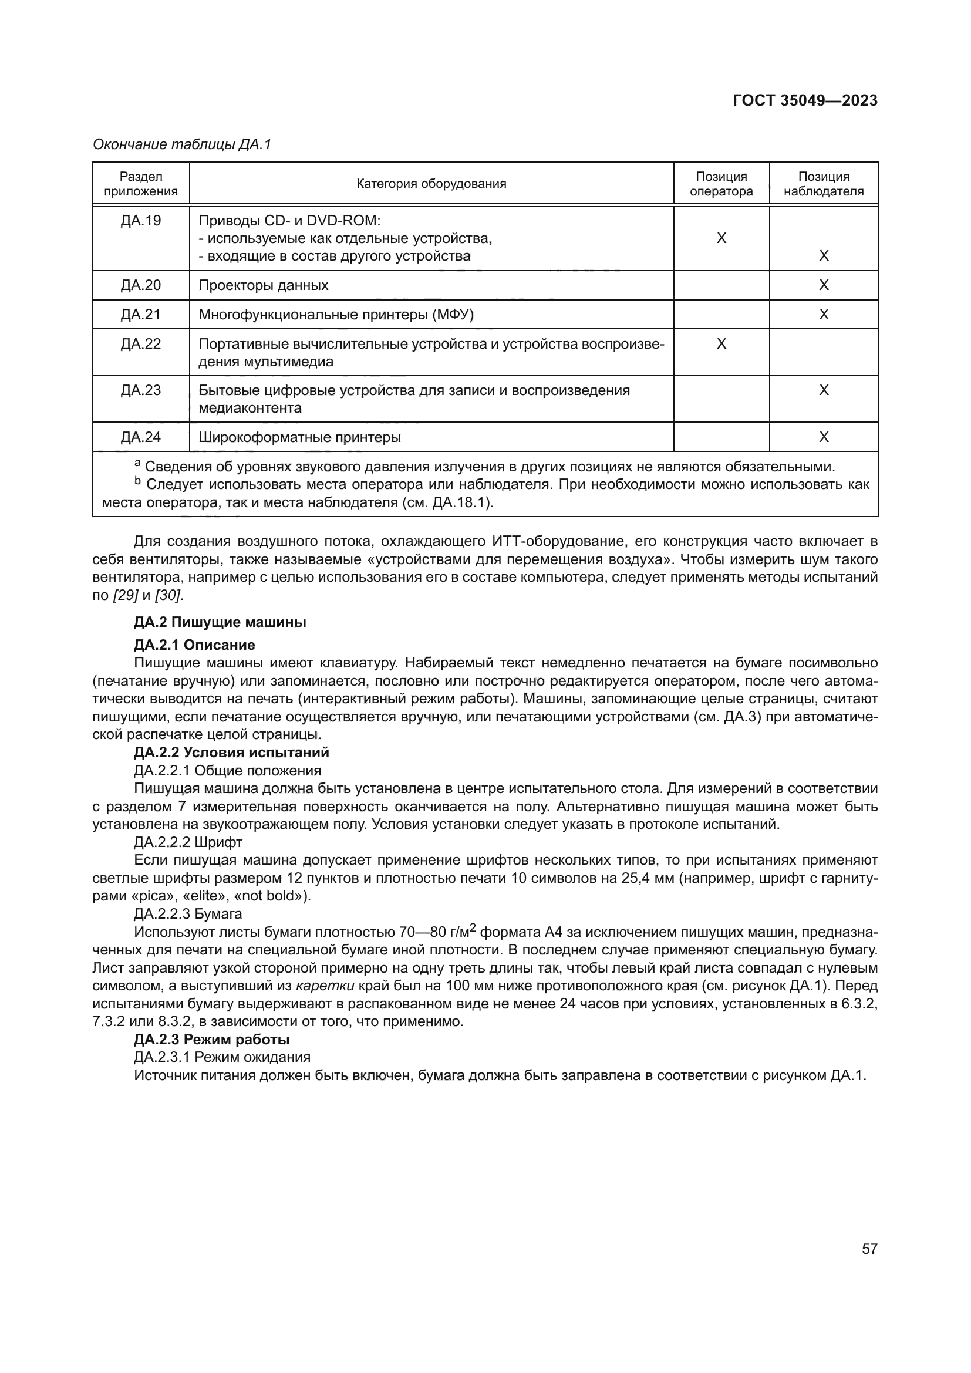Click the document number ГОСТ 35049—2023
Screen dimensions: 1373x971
(805, 100)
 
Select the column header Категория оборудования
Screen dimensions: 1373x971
(431, 184)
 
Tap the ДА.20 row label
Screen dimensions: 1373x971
(141, 285)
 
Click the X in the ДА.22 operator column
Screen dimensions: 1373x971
(721, 344)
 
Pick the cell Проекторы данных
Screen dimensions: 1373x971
(263, 285)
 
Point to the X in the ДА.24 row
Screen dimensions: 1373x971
(823, 437)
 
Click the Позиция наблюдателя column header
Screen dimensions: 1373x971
(823, 184)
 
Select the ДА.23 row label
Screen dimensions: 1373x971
(141, 390)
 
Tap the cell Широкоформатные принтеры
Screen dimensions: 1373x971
(299, 437)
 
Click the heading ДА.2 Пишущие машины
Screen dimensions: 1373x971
(220, 622)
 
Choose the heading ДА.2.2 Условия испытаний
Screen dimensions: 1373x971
(231, 753)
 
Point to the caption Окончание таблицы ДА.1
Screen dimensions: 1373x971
(182, 144)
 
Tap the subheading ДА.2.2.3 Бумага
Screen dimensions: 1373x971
(188, 914)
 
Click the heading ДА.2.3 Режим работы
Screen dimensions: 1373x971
(211, 1040)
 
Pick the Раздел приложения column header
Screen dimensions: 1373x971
(141, 184)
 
